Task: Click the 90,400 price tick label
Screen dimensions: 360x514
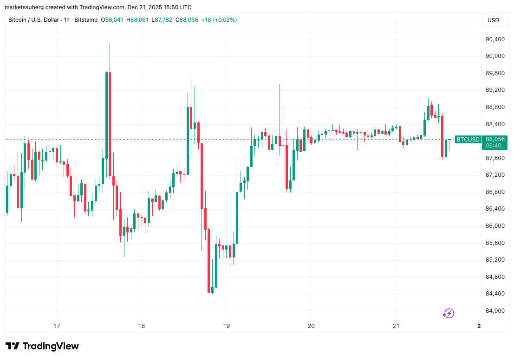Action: (495, 39)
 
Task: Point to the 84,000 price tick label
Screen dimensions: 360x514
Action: (495, 311)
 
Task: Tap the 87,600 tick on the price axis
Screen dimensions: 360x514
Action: (495, 158)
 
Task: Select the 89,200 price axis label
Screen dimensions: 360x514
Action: (495, 90)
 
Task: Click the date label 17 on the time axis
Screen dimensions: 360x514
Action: (57, 326)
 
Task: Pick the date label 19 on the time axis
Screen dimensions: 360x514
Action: (226, 326)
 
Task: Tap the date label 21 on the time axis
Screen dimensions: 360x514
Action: (396, 326)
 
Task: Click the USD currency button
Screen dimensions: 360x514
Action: (493, 20)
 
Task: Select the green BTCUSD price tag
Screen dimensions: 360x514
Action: (468, 139)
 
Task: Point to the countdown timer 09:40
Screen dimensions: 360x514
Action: (494, 146)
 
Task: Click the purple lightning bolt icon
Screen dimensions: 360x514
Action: (449, 314)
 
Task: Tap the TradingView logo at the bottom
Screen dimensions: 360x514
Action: (42, 346)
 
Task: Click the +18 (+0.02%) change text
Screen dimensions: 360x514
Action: (218, 20)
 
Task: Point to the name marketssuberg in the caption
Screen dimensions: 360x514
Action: (26, 7)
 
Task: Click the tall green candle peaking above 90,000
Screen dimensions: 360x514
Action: (107, 116)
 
